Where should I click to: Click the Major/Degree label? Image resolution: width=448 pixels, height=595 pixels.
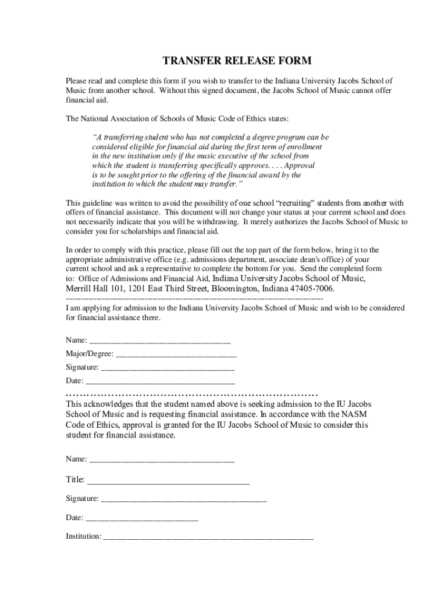pyautogui.click(x=90, y=353)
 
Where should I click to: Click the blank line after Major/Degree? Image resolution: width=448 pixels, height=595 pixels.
pyautogui.click(x=176, y=354)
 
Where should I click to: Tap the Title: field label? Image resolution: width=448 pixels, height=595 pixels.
pyautogui.click(x=76, y=479)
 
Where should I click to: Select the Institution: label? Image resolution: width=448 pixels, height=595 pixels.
pyautogui.click(x=84, y=536)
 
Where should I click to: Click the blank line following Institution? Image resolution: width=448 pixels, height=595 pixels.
pyautogui.click(x=208, y=537)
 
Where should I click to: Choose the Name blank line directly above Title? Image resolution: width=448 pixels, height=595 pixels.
pyautogui.click(x=162, y=460)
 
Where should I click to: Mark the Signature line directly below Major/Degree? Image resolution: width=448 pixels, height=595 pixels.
pyautogui.click(x=168, y=368)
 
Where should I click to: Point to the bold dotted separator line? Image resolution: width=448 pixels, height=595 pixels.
pyautogui.click(x=192, y=393)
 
